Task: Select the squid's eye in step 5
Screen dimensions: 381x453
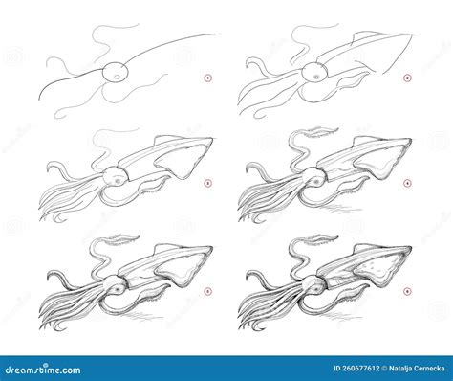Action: [114, 281]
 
